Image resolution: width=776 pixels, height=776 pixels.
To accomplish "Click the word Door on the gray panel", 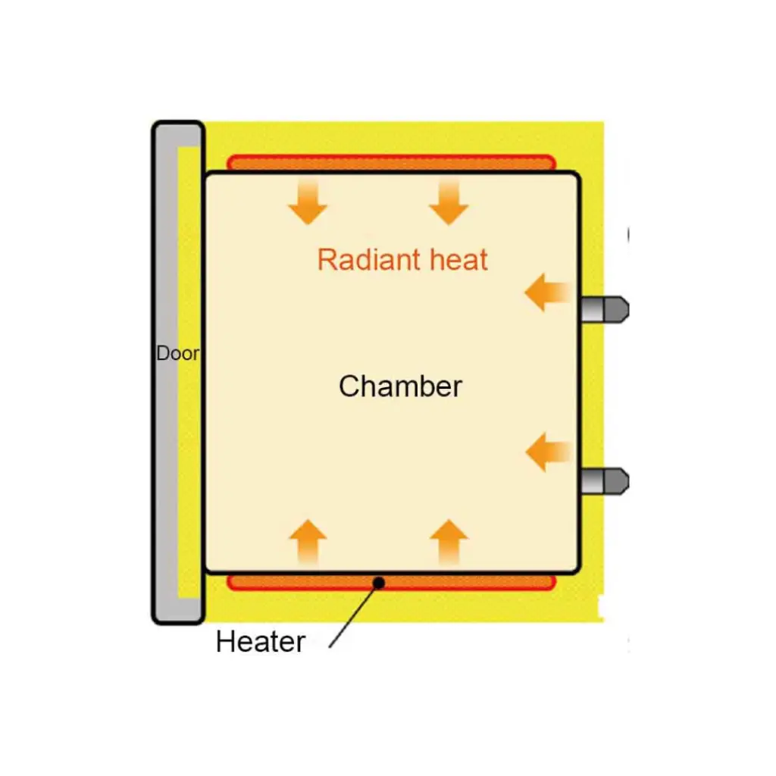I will (x=177, y=354).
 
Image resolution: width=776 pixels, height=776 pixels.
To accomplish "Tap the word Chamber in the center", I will (x=400, y=386).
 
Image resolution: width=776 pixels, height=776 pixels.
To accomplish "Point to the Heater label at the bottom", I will (x=260, y=642).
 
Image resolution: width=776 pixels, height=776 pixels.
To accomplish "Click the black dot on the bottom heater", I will (x=379, y=582).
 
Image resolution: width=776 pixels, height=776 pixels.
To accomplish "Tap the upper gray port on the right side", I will (x=605, y=309).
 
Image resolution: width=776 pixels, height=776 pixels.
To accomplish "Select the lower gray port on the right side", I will (x=605, y=481).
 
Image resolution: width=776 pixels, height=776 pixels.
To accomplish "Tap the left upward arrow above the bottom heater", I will (x=308, y=541).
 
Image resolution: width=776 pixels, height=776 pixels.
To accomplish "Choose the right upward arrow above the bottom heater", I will (x=449, y=541).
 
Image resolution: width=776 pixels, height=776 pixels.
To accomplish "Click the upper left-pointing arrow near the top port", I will (x=547, y=293).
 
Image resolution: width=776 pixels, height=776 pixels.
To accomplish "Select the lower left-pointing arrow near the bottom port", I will (x=547, y=452).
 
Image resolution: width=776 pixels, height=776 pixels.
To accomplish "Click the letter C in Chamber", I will (x=349, y=386).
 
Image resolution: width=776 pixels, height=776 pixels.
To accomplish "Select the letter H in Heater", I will (x=225, y=642).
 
